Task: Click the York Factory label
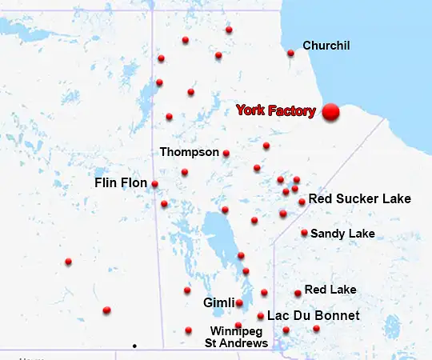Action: click(x=275, y=111)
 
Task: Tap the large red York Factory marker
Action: click(x=330, y=113)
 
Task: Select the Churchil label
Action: click(x=326, y=46)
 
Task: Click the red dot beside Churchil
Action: click(x=290, y=54)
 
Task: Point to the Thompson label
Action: click(x=189, y=151)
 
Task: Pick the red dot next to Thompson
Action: click(x=226, y=154)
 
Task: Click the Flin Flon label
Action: click(x=121, y=183)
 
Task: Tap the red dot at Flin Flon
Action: click(x=154, y=184)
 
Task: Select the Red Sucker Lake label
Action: click(x=359, y=198)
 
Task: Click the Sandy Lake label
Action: click(x=342, y=234)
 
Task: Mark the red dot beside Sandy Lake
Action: click(x=304, y=233)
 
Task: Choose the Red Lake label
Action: click(x=330, y=289)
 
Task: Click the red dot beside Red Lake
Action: click(x=298, y=293)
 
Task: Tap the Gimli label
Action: click(x=218, y=303)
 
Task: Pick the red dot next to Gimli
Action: click(x=239, y=303)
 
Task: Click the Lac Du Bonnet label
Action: click(x=313, y=316)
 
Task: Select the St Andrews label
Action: click(x=237, y=343)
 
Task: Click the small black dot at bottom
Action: click(x=134, y=346)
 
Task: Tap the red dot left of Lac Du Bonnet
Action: click(x=261, y=316)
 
